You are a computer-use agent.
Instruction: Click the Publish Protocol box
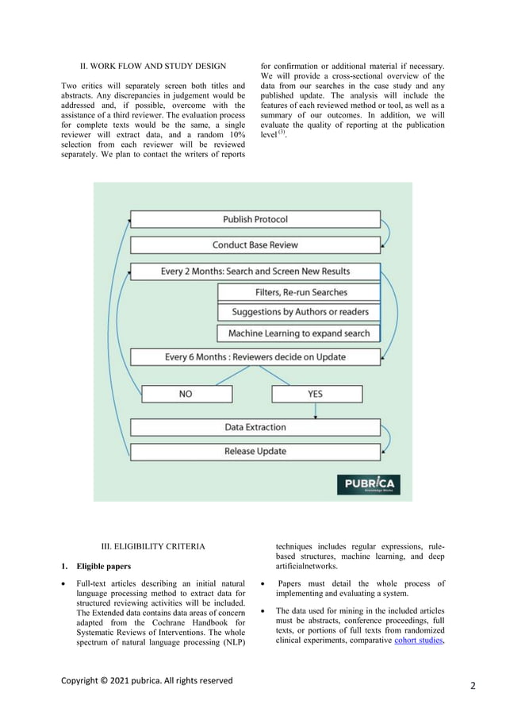point(255,219)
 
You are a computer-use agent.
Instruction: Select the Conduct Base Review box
point(255,245)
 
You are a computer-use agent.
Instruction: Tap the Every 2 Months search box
point(255,271)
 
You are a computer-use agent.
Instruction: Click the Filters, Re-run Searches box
point(299,293)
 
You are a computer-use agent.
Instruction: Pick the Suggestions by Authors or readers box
point(299,313)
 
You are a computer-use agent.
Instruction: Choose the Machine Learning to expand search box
point(299,333)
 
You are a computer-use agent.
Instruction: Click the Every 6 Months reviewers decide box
point(255,357)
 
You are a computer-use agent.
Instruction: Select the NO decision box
point(186,394)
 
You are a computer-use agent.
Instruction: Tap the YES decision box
point(316,394)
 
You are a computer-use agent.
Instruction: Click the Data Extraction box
point(255,427)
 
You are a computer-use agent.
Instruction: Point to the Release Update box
point(255,452)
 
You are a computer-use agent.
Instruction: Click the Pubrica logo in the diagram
point(369,484)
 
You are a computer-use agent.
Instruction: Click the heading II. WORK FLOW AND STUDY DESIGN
point(153,65)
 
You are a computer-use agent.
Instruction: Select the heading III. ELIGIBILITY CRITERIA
point(153,546)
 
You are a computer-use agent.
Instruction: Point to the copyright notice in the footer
point(147,680)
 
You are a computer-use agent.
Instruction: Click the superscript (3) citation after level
point(281,133)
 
